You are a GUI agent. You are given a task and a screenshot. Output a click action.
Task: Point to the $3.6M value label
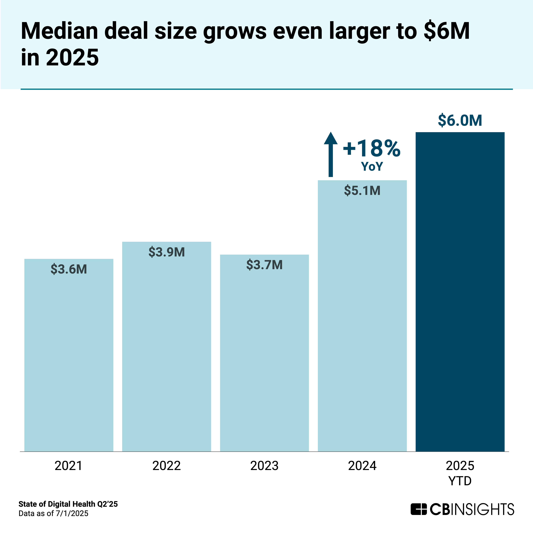69,269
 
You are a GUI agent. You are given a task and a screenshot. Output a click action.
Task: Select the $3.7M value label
264,265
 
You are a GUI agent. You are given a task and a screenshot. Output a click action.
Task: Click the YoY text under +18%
372,167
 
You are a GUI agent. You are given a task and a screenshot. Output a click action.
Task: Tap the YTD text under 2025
460,481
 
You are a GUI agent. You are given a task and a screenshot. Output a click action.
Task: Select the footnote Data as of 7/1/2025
53,513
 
